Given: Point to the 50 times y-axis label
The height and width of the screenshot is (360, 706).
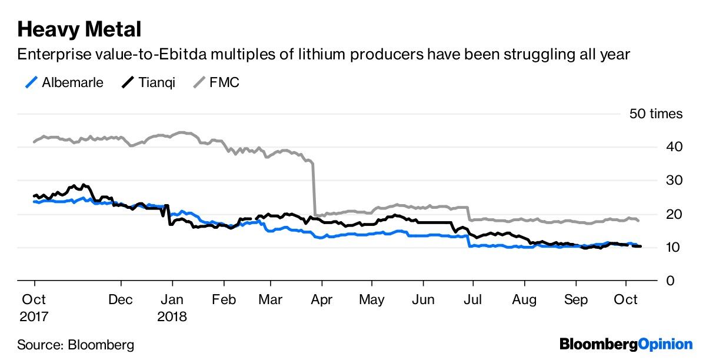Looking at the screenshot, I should pos(656,114).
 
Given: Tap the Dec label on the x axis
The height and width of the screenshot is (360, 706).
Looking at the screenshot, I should pos(121,300).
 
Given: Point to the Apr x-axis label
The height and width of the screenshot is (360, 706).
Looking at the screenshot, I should pos(321,300).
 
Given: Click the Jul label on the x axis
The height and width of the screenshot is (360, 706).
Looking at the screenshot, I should pos(473,300).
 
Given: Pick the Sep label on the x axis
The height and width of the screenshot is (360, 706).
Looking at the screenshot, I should pos(576,300).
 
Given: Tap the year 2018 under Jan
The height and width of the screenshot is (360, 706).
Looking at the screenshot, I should pos(172,316).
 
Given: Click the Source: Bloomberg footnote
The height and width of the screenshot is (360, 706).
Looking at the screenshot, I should pos(75,344).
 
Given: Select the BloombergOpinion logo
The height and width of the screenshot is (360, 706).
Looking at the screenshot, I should pos(626,344).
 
